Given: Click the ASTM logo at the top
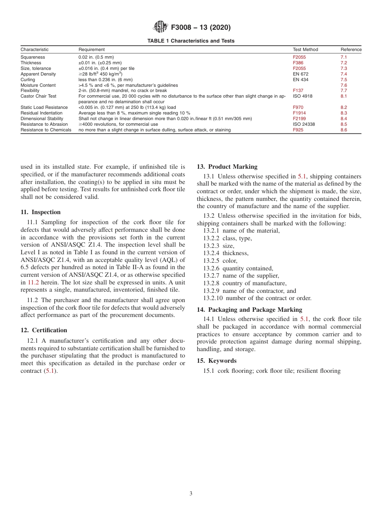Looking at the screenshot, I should pos(161,27).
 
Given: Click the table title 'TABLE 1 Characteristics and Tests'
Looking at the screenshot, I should pos(191,41).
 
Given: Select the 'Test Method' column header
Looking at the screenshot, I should pos(305,49).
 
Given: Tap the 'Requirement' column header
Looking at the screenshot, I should pos(91,49).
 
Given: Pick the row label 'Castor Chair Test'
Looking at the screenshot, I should pos(38,96).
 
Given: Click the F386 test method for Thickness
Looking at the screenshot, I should pos(298,63).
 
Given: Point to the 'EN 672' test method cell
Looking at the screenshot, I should pos(300,74).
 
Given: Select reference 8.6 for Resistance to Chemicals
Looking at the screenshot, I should pos(343,130).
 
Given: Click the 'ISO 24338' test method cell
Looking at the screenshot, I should pos(304,125).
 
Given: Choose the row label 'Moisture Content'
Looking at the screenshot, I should pos(38,85).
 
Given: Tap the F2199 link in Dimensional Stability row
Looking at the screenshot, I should pos(299,119).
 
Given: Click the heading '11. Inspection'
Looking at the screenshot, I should pos(41,212).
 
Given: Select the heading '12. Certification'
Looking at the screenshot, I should pos(44,330).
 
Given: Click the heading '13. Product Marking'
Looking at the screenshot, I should pos(227,167).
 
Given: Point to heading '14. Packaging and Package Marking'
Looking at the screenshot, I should pos(249,310).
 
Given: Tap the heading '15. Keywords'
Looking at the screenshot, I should pos(216,361).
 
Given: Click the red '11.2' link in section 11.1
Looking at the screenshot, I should pos(33,282).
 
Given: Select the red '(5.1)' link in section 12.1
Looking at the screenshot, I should pos(50,371).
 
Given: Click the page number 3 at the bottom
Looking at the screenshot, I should pos(191,494).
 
